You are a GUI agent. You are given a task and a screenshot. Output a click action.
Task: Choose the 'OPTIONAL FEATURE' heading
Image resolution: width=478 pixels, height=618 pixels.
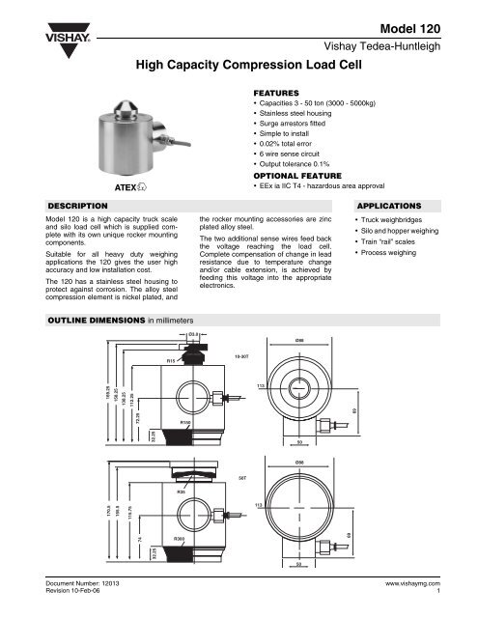[295, 179]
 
